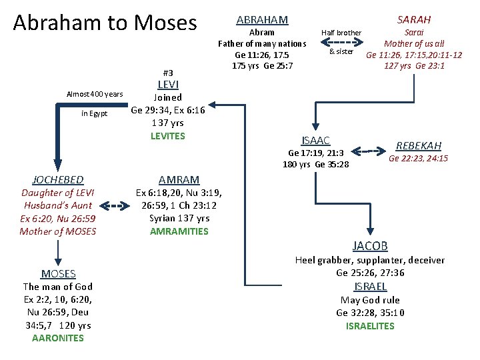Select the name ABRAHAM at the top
click(262, 20)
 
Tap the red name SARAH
click(413, 20)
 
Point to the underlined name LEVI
click(167, 85)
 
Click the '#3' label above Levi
click(168, 73)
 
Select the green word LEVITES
click(168, 136)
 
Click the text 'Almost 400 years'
click(94, 94)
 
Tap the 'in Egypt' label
click(94, 113)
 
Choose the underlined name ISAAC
click(315, 140)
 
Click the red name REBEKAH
click(419, 145)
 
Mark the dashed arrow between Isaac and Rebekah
click(365, 152)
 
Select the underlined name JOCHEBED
click(58, 180)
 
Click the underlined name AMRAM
click(179, 180)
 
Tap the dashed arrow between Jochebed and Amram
click(115, 207)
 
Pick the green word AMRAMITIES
click(179, 231)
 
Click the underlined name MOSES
click(58, 273)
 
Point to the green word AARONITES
click(58, 338)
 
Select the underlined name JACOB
click(370, 246)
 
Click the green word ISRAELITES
click(370, 326)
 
